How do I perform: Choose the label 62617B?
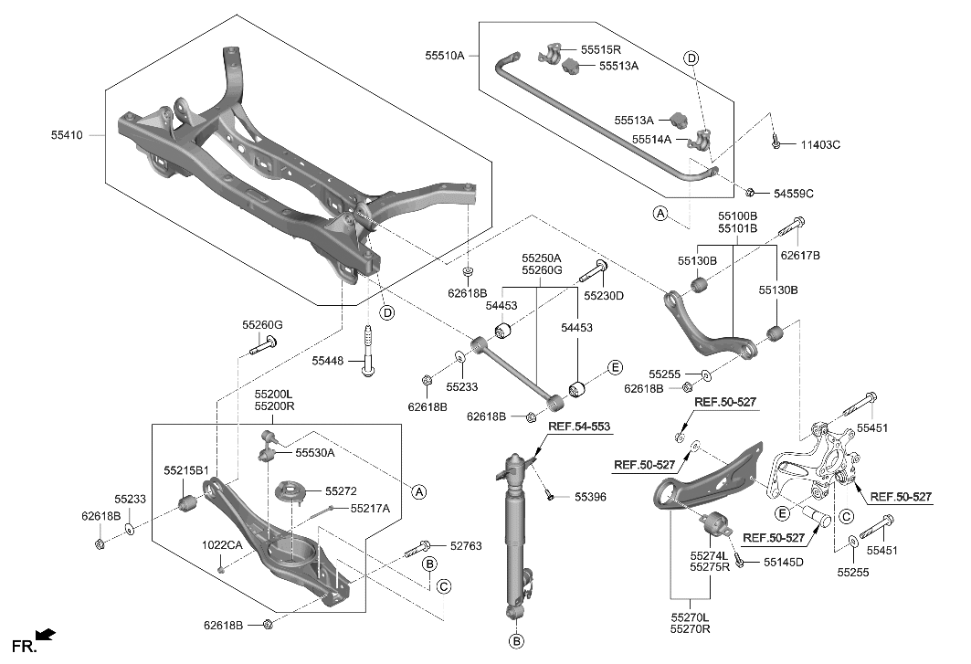click(x=800, y=256)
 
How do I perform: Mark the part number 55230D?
click(x=605, y=295)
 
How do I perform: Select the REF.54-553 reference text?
click(x=579, y=427)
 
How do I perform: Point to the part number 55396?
click(x=592, y=497)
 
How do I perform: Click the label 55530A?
click(x=314, y=452)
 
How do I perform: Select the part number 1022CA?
click(x=222, y=545)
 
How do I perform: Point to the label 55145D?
click(x=783, y=562)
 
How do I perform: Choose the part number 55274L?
click(x=709, y=555)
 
